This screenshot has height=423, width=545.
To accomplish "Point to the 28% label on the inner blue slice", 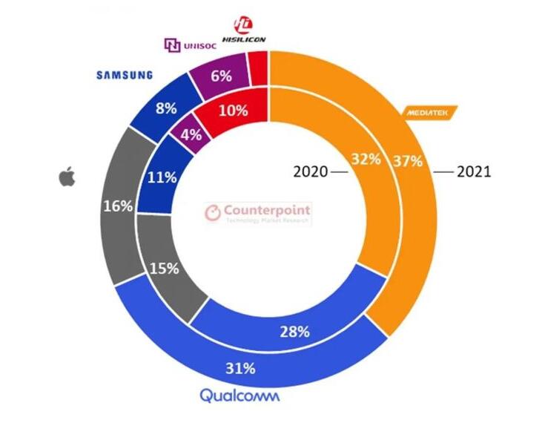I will pyautogui.click(x=294, y=332).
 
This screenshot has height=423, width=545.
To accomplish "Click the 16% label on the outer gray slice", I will pyautogui.click(x=119, y=206).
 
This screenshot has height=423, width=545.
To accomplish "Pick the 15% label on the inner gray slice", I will pyautogui.click(x=164, y=268).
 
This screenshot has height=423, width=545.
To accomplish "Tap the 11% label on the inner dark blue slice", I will pyautogui.click(x=162, y=177).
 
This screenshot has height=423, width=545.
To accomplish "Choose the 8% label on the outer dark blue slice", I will pyautogui.click(x=165, y=108).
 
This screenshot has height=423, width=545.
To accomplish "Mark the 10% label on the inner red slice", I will pyautogui.click(x=233, y=110).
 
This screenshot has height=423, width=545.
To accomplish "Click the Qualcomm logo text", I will pyautogui.click(x=240, y=396).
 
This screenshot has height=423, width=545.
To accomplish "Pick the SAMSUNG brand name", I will pyautogui.click(x=125, y=75).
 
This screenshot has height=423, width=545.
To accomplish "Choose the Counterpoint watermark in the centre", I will pyautogui.click(x=258, y=214).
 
